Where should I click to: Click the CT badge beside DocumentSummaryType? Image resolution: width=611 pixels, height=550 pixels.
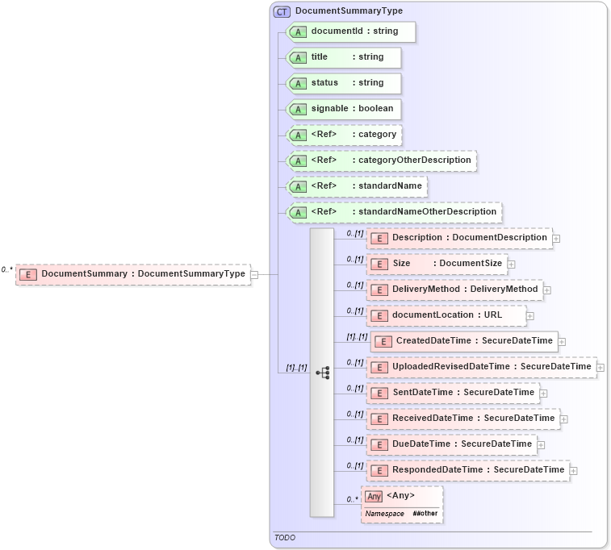point(282,11)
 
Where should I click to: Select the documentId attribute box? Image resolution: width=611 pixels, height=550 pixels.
point(352,31)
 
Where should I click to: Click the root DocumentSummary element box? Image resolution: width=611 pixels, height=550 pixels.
point(133,274)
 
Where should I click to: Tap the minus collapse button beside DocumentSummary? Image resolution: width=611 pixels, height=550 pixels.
point(254,274)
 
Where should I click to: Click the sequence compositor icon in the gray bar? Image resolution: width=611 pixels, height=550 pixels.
point(323,373)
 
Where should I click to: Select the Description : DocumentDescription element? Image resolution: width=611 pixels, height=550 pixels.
point(459,238)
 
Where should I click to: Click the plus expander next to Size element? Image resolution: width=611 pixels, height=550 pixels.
point(512,265)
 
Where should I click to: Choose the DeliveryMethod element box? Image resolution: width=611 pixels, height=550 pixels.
point(455,289)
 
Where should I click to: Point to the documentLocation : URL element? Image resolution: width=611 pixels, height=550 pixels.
point(446,315)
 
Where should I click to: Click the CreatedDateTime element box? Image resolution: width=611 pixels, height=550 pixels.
point(464,341)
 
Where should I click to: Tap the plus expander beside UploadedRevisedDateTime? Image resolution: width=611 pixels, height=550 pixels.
point(601,368)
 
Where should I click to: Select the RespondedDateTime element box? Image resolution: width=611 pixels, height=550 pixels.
point(468,469)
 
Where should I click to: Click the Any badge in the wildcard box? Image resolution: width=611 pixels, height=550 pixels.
point(373,496)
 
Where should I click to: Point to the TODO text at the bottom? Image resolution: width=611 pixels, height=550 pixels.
point(284,537)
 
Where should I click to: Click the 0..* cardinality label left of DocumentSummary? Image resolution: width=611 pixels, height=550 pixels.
point(7,269)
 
